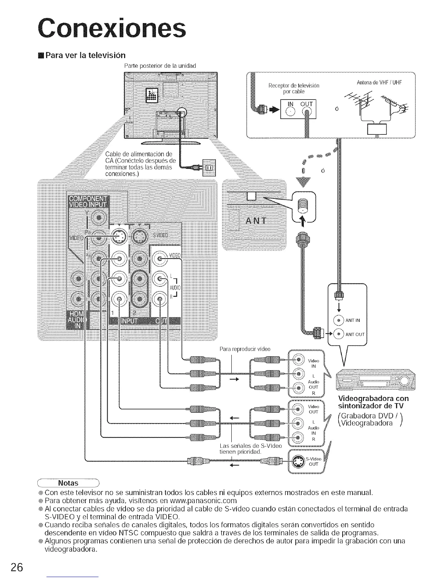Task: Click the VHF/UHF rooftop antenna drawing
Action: click(x=377, y=110)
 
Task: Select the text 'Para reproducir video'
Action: click(x=245, y=349)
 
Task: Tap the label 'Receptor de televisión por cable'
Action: click(x=294, y=88)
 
